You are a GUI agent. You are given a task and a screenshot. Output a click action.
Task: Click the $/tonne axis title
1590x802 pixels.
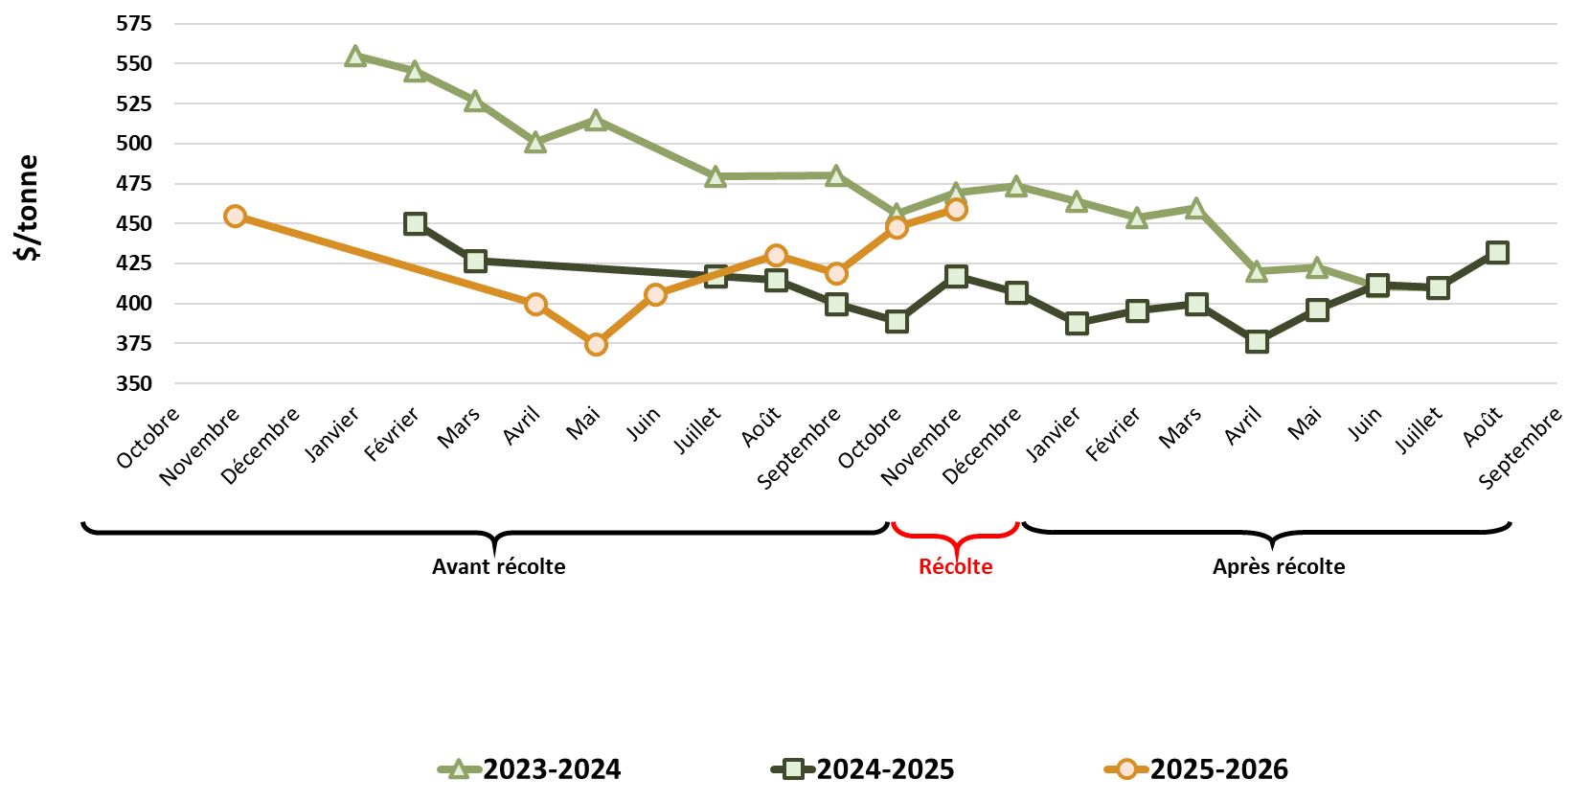(x=28, y=207)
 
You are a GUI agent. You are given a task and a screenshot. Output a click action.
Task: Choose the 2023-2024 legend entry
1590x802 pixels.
(x=530, y=769)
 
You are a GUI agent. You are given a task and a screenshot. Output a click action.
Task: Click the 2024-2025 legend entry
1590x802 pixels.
(x=863, y=769)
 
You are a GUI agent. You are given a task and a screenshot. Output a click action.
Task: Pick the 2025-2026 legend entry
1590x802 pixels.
(x=1196, y=769)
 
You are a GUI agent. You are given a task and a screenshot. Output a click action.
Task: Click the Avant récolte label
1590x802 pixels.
(x=498, y=566)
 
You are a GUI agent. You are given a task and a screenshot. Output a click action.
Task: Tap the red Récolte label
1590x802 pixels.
(x=955, y=566)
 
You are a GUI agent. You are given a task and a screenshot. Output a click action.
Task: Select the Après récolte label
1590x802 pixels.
(x=1279, y=566)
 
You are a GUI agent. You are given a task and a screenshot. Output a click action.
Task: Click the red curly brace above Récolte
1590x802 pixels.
(x=955, y=537)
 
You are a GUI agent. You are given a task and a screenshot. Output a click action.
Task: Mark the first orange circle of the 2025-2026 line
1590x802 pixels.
(x=235, y=217)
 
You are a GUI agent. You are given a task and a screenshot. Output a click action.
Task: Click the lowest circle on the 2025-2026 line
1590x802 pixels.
(x=596, y=344)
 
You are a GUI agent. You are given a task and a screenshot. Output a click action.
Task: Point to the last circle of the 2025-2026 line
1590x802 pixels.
(x=956, y=210)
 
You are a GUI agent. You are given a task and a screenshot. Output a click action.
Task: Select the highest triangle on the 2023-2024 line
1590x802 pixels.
(x=355, y=57)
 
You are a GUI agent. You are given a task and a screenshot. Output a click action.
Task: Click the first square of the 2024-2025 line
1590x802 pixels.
(x=415, y=224)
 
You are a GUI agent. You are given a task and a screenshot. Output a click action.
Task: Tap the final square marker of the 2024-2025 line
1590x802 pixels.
(x=1497, y=253)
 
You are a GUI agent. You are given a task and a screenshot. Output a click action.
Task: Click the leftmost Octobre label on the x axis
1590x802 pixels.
(x=149, y=438)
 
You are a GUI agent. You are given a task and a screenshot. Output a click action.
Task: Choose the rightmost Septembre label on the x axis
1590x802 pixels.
(x=1520, y=447)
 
